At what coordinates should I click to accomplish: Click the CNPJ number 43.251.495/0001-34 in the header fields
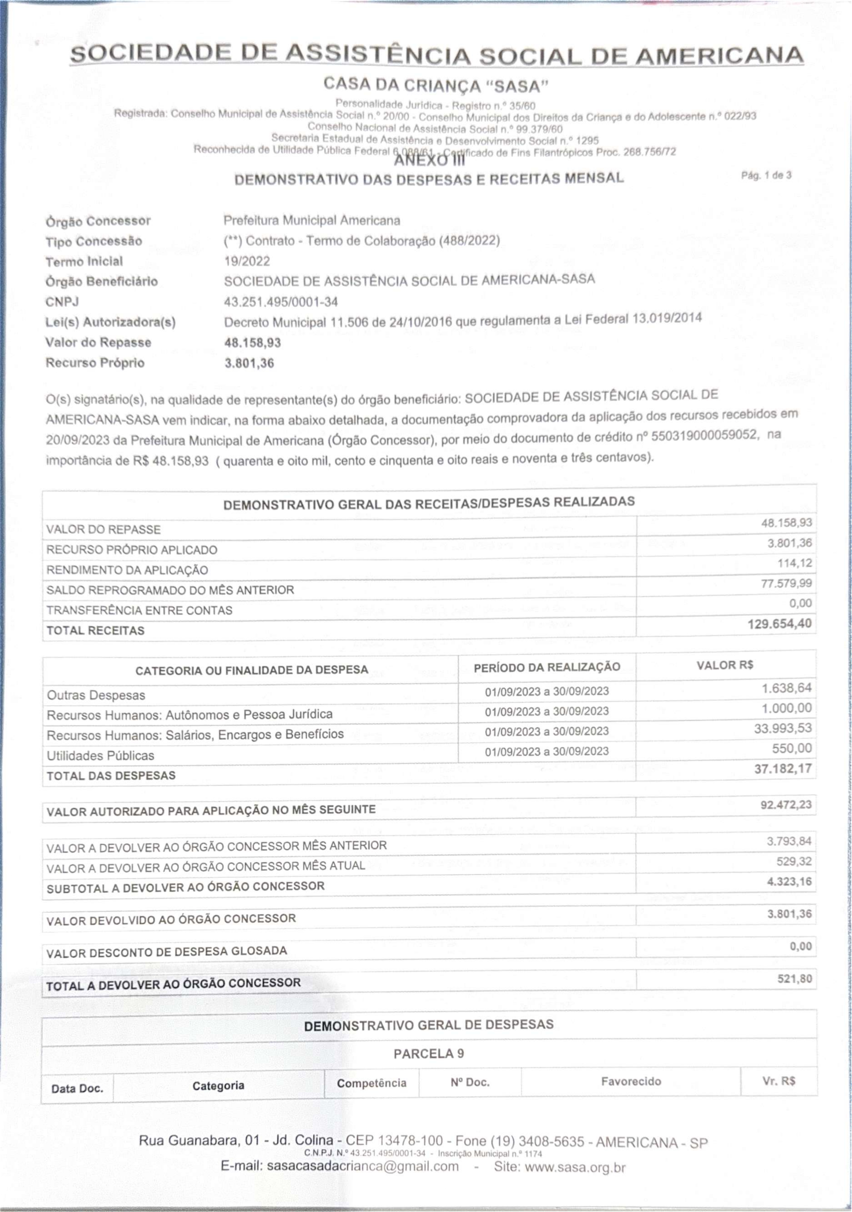281,302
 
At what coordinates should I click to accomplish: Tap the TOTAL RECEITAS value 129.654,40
779,624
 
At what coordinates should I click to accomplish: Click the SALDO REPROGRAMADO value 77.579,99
786,583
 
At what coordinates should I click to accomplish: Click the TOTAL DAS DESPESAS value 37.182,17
783,769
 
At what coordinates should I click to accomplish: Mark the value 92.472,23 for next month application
786,805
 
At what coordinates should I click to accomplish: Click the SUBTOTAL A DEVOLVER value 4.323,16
789,881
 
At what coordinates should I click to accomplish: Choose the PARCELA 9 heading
428,1054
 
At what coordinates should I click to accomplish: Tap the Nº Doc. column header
470,1083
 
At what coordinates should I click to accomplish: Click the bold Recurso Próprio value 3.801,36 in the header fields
249,363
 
